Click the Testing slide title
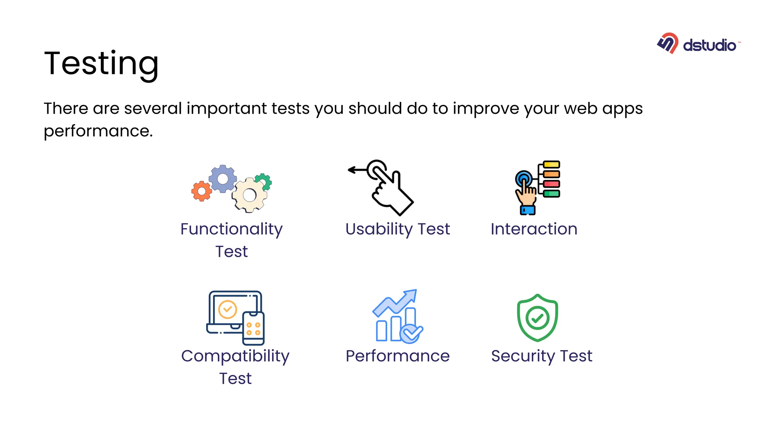coord(101,63)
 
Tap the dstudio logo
coord(699,44)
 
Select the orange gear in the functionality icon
coord(202,191)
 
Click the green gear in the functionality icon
coord(263,182)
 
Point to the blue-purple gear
coord(223,179)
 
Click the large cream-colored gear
coord(249,195)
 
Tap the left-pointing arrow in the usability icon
coord(356,170)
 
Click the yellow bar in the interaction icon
coord(551,165)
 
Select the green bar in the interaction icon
coord(551,194)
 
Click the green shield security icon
coord(537,318)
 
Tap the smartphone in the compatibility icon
coord(253,328)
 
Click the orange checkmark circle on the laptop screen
coord(228,310)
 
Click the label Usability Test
coord(397,229)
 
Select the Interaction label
coord(534,229)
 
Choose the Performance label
coord(397,356)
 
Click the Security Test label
coord(541,356)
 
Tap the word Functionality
coord(231,229)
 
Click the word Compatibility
coord(235,356)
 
